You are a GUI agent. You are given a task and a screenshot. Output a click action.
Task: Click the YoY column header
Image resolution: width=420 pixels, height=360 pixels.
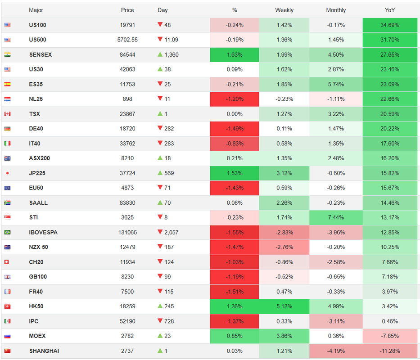390,10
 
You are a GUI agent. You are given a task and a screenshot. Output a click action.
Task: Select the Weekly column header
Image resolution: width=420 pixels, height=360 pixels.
284,10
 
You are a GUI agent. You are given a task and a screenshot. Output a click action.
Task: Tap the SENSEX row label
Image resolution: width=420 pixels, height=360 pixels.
40,55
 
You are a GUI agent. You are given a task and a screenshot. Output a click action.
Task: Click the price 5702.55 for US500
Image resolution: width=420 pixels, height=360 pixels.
127,40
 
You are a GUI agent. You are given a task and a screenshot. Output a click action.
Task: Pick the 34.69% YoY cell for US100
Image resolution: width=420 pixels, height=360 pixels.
390,25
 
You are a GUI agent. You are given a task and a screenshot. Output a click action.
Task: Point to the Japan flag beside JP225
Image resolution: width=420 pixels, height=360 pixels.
7,173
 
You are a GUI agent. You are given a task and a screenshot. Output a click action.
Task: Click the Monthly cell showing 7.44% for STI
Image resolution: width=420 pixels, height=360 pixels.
336,218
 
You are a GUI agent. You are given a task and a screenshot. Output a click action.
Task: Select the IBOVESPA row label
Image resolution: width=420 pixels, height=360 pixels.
43,233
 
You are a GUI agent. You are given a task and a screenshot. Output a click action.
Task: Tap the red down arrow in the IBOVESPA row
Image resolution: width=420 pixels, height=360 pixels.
160,232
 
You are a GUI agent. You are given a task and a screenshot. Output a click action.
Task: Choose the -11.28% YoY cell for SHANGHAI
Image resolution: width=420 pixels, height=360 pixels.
390,351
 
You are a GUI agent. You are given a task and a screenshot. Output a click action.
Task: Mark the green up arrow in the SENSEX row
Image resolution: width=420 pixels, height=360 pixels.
160,54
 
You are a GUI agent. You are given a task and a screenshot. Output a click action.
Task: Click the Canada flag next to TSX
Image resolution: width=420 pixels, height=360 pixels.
7,114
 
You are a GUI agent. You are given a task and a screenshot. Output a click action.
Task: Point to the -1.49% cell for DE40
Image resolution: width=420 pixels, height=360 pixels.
235,129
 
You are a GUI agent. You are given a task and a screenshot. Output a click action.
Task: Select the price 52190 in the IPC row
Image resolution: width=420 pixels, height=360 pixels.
127,322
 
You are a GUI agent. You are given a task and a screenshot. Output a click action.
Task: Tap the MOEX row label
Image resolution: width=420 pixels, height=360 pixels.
37,336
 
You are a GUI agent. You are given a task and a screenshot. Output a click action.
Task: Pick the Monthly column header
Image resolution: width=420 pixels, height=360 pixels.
336,10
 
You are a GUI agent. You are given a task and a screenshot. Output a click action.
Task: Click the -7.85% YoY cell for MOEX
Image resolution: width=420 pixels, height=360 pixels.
390,336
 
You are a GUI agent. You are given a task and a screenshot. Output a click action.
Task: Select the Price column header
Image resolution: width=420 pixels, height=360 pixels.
127,10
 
